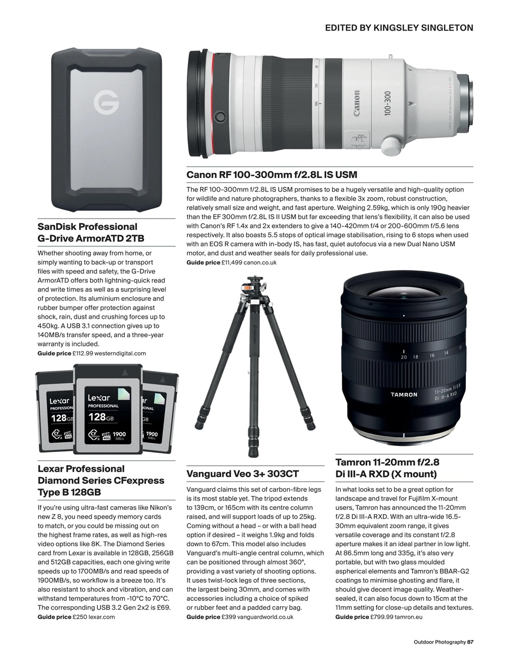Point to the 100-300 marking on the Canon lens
(x=387, y=104)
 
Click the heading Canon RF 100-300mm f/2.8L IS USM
(x=272, y=175)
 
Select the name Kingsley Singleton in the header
(x=423, y=28)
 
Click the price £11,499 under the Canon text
(x=231, y=263)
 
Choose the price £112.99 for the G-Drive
(x=83, y=353)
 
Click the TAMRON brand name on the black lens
(x=404, y=394)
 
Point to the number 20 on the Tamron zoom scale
(x=404, y=357)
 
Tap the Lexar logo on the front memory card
(x=99, y=398)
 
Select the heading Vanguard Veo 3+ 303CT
(x=242, y=474)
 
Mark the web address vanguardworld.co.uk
(x=264, y=617)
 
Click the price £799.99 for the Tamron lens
(x=381, y=617)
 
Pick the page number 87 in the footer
(x=470, y=642)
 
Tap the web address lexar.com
(x=101, y=617)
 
